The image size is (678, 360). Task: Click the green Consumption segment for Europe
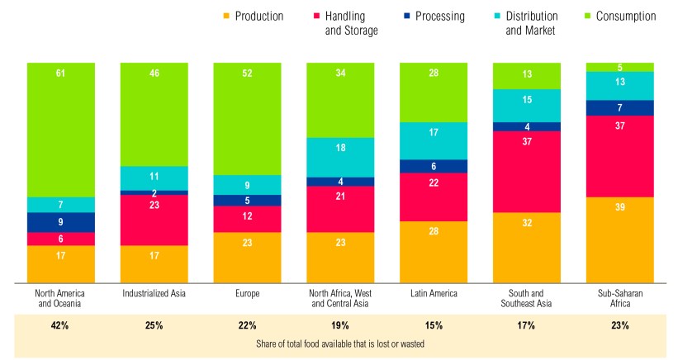point(247,118)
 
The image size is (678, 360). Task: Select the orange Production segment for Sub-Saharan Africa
point(620,239)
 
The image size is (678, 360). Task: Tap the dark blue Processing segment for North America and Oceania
point(61,222)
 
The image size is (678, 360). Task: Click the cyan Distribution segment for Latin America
point(433,140)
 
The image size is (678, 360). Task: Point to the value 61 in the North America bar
point(61,73)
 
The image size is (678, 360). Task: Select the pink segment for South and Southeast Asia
point(526,172)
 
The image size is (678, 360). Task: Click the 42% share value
point(61,325)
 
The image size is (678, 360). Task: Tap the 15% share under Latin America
point(433,325)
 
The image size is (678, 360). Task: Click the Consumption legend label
point(625,16)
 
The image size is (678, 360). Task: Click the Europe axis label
point(247,292)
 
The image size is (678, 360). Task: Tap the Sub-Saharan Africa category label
point(620,297)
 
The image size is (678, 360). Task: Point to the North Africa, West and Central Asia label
point(339,297)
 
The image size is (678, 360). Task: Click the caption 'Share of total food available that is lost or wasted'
point(339,343)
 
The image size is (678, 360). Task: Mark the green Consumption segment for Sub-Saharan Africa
point(620,67)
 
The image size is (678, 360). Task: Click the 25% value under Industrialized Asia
point(154,325)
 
